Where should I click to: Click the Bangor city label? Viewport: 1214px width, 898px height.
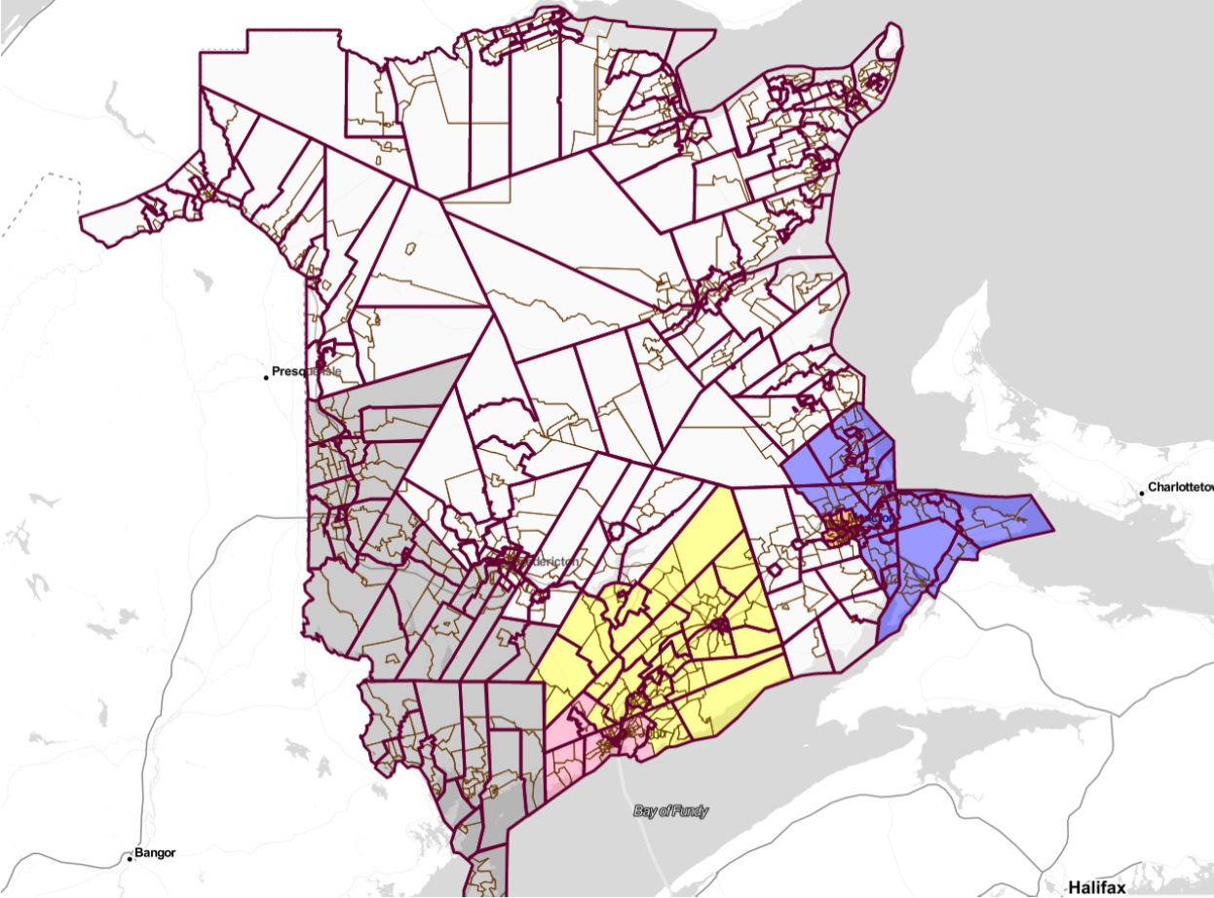click(155, 853)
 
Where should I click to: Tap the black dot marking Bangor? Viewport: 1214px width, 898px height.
click(130, 858)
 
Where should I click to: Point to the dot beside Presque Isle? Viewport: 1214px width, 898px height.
click(266, 377)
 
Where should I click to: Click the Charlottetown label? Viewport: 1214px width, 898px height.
click(1180, 486)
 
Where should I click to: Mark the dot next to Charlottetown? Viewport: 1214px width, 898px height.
click(1142, 493)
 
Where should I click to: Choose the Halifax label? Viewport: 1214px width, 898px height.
click(1096, 887)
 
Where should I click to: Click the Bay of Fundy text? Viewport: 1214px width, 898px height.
click(670, 810)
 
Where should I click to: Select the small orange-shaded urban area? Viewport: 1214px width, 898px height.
click(836, 529)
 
